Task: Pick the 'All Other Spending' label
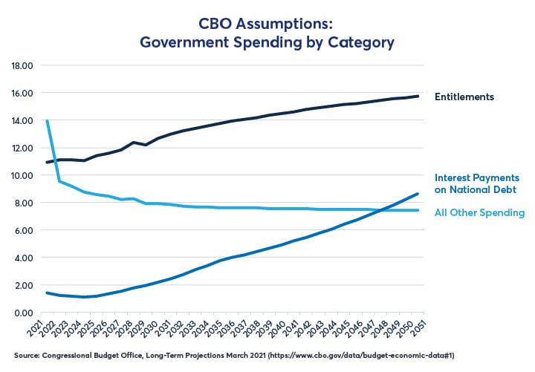tap(481, 213)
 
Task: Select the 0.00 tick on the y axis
tap(23, 313)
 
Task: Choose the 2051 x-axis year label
tap(422, 330)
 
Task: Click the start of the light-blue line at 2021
tap(48, 120)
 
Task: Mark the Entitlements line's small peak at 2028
tap(134, 142)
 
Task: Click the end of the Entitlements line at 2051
tap(419, 96)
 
